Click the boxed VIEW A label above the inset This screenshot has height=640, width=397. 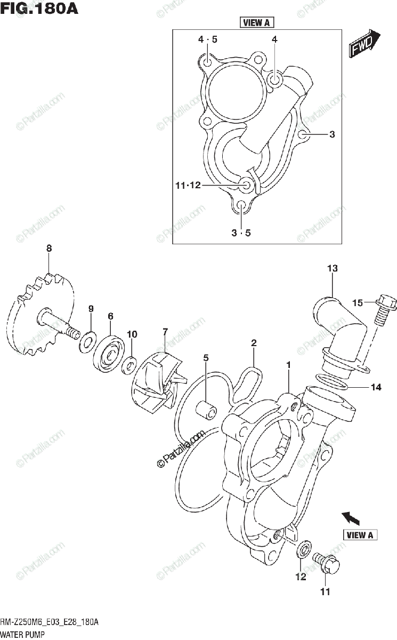pos(256,22)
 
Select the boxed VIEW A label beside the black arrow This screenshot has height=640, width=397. pos(360,535)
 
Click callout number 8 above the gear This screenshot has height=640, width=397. pos(48,248)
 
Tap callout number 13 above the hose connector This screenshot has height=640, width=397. pos(332,269)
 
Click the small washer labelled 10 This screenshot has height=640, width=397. pos(128,366)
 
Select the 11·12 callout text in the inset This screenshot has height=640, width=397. pos(188,186)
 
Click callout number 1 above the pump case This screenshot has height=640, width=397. pos(288,365)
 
